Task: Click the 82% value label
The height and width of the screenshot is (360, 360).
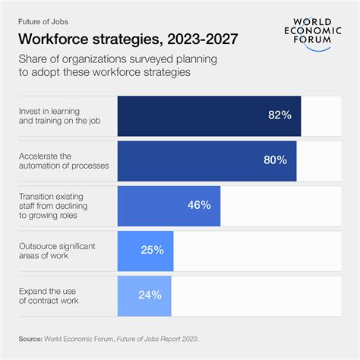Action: click(279, 115)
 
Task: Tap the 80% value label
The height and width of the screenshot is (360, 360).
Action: click(275, 160)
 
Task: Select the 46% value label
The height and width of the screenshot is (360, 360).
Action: click(199, 205)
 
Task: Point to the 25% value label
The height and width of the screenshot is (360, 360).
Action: click(152, 250)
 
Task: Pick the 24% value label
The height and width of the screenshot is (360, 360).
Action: click(151, 295)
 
